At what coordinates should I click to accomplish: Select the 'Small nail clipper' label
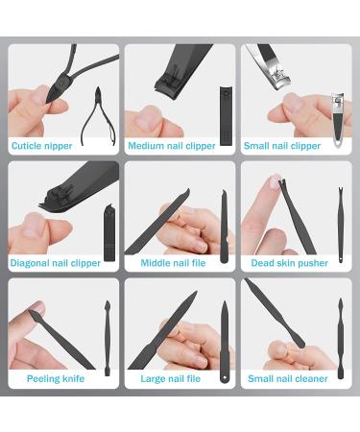281,146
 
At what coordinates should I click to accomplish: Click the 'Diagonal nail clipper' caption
56,262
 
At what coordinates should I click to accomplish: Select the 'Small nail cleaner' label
286,378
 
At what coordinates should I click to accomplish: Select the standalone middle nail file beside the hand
224,228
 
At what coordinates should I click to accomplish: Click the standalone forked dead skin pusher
339,228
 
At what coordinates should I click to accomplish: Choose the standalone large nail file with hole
223,341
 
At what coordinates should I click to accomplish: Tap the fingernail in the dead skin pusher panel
276,181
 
